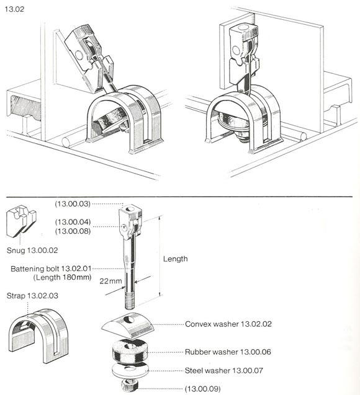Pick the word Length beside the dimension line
click(175, 259)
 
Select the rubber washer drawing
click(128, 353)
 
